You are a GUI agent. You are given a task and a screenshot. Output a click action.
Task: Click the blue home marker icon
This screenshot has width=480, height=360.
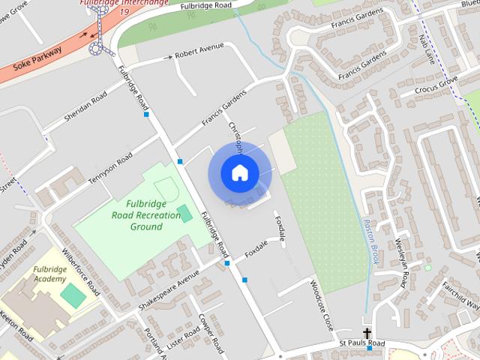(x=239, y=173)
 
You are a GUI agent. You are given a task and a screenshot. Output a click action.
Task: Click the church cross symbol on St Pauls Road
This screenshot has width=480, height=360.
(x=367, y=333)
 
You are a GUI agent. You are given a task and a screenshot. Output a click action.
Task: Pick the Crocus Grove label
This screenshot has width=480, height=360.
(x=439, y=86)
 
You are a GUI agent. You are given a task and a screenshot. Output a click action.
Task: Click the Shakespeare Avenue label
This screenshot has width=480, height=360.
(x=169, y=291)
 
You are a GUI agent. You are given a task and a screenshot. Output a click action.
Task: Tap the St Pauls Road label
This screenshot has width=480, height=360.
(x=361, y=343)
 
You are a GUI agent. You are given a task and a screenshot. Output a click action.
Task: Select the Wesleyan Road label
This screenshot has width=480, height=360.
(x=401, y=262)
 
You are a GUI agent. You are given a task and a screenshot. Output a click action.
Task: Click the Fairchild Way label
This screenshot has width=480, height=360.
(x=460, y=295)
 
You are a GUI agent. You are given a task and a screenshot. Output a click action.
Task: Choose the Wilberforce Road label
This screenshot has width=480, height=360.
(x=81, y=271)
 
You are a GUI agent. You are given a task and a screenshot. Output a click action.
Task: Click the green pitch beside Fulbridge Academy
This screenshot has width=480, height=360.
(x=73, y=295)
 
